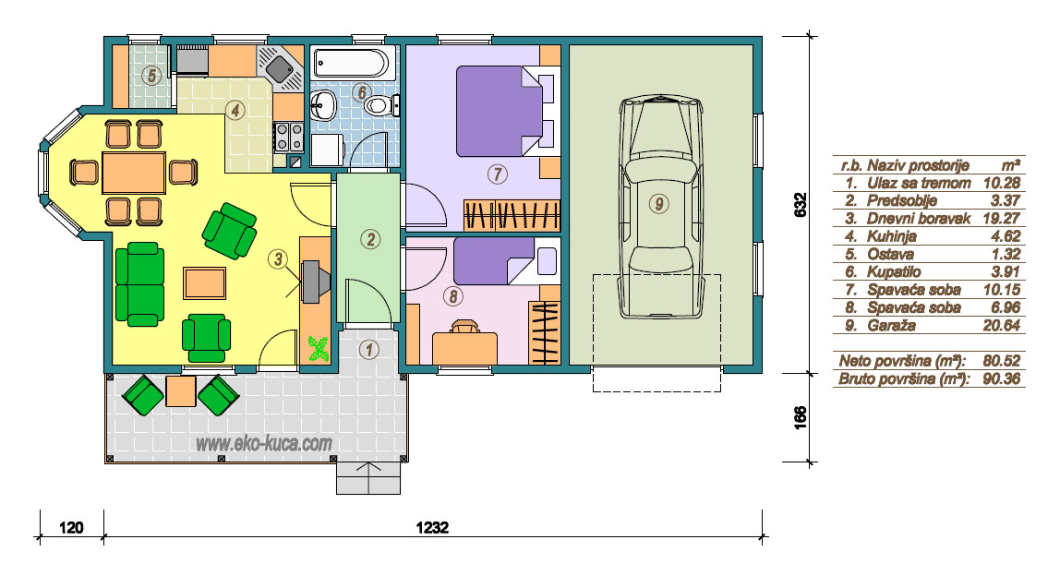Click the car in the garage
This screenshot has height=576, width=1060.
tap(660, 207)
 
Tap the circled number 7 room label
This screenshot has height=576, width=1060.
tap(497, 174)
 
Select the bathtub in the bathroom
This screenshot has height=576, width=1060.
tap(351, 63)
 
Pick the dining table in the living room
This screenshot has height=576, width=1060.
tap(134, 173)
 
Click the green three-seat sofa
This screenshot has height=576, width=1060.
tap(139, 284)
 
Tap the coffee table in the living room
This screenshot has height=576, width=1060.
tap(204, 282)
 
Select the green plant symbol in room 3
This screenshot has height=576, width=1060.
tap(318, 349)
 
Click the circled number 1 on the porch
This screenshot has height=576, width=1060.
tap(368, 350)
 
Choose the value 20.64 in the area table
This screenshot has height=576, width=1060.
tap(1001, 325)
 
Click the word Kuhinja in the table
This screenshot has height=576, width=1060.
tap(892, 236)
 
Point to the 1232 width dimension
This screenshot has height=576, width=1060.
tap(433, 527)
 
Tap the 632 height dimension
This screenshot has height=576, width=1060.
tap(800, 205)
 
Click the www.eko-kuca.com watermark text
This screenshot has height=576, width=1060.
tap(264, 443)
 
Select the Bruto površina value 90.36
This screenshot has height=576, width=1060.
tap(1001, 378)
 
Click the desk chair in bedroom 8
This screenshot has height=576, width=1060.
tap(464, 327)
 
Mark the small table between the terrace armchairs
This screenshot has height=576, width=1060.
tap(180, 391)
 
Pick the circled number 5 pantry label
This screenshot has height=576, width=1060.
tap(151, 75)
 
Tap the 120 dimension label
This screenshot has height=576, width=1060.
tap(71, 527)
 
